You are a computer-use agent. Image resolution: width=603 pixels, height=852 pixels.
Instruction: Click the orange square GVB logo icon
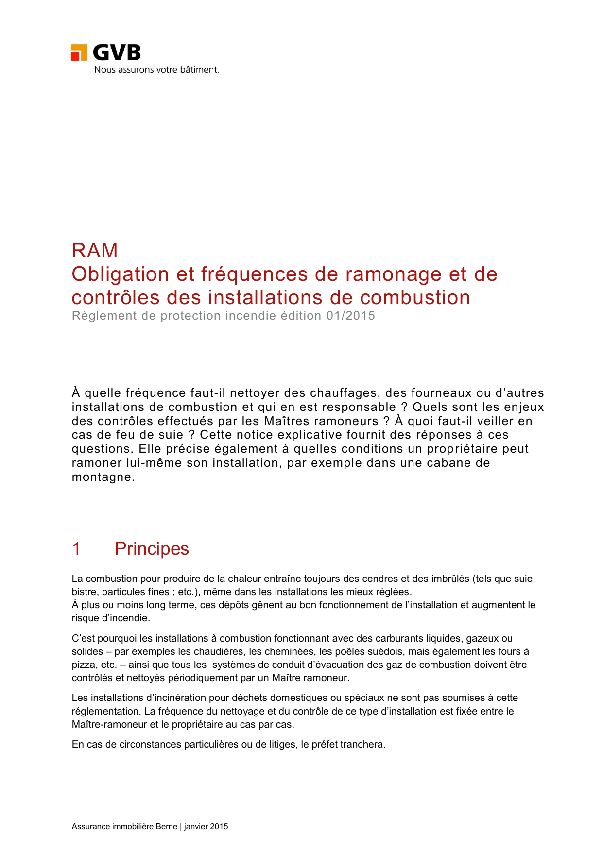(79, 52)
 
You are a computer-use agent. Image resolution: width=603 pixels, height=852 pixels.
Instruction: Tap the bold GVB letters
(117, 52)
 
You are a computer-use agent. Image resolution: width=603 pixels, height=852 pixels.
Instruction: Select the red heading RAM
(95, 251)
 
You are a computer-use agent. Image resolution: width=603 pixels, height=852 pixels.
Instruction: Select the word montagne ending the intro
(102, 477)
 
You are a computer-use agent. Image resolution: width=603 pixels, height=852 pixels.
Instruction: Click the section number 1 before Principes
(76, 549)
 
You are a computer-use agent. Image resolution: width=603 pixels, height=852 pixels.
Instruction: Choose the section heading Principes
(152, 549)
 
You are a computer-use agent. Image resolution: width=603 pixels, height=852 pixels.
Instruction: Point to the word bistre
(84, 592)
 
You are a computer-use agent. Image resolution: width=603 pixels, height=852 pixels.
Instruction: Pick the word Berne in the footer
(166, 827)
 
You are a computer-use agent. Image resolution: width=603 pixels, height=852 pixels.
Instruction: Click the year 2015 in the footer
(219, 827)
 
